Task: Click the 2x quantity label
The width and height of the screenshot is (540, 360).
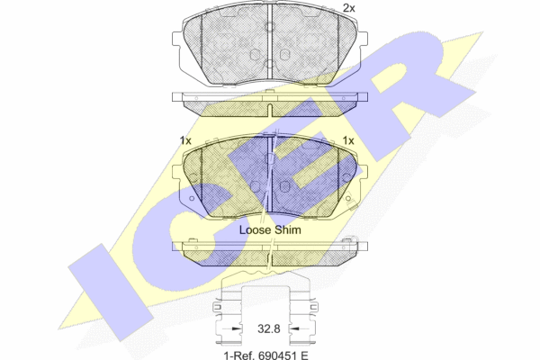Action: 349,8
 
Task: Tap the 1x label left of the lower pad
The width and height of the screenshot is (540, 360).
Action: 185,140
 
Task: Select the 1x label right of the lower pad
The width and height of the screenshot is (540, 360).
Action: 348,140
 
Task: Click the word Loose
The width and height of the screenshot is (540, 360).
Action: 256,229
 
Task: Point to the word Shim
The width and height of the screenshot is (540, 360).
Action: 288,229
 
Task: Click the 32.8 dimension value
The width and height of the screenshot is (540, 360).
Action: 268,328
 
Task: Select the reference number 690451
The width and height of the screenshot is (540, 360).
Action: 276,355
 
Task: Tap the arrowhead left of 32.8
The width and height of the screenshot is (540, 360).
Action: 236,328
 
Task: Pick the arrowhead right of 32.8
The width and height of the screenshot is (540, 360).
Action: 293,328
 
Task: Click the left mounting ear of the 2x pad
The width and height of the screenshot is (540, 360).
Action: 176,39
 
